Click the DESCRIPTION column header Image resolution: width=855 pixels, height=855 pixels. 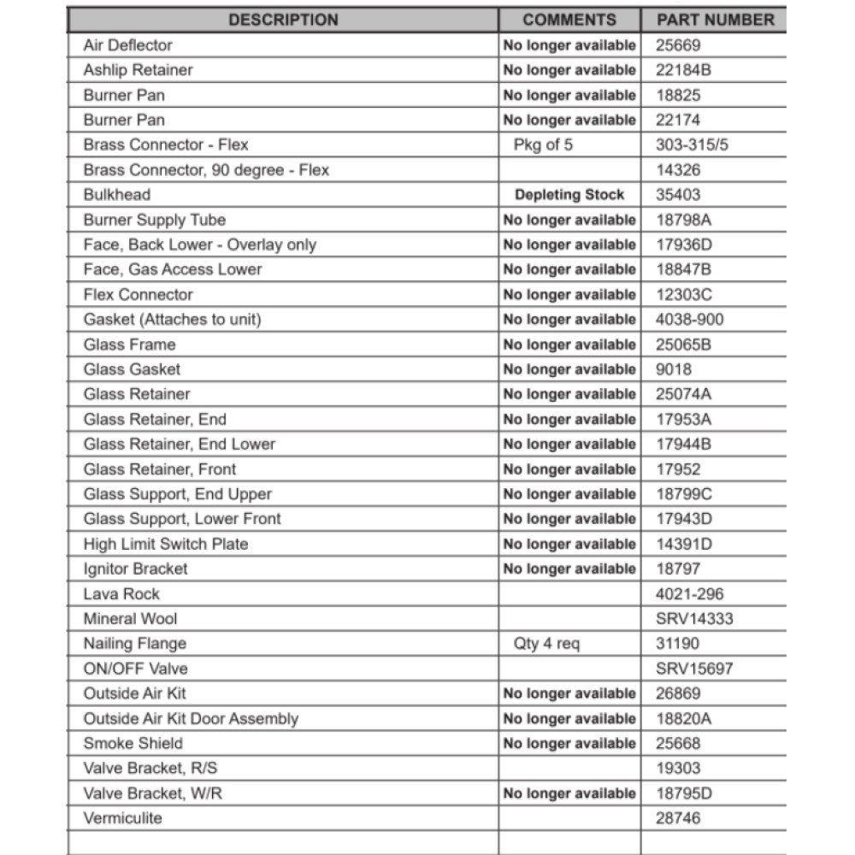(x=283, y=20)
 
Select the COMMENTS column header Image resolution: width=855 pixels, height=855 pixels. (x=569, y=20)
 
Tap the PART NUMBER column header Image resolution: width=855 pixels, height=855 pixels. (x=715, y=20)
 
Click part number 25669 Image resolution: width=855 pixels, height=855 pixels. (x=678, y=45)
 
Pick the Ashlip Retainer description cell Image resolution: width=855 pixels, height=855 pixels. (x=139, y=70)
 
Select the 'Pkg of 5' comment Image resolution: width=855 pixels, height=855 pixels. (x=544, y=144)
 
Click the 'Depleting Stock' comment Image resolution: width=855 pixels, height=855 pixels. (x=569, y=195)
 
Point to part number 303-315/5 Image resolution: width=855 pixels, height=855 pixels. (x=693, y=144)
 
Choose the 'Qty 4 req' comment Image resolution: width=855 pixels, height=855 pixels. (x=546, y=644)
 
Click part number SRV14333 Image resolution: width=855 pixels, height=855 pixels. (x=694, y=619)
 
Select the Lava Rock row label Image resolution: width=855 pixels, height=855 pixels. (x=121, y=594)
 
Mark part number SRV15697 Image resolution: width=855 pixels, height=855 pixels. (x=694, y=669)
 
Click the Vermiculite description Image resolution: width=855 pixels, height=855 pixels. (x=122, y=818)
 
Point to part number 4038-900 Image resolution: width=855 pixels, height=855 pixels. (x=689, y=320)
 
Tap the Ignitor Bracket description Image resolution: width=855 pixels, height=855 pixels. (x=135, y=569)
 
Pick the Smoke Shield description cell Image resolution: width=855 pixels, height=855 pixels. (x=133, y=744)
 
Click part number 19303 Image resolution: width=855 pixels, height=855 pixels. (x=678, y=769)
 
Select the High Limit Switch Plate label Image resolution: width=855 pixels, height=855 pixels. (x=166, y=544)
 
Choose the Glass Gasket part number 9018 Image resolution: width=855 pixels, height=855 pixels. (x=674, y=369)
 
